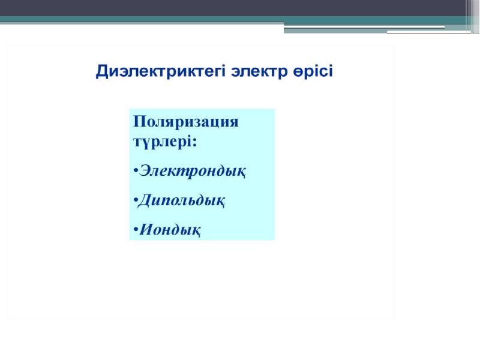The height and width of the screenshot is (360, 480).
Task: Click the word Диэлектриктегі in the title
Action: point(161,71)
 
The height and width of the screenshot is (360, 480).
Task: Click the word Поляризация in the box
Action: point(186,122)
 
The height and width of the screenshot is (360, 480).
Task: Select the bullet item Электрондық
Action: point(192,171)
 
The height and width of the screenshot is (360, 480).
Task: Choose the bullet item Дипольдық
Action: point(181,201)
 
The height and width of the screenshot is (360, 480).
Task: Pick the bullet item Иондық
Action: point(170,230)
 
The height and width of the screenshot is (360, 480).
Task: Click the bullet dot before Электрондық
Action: point(136,170)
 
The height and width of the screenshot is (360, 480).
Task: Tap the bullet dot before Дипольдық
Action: point(136,200)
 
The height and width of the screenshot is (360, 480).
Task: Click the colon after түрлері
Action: point(194,142)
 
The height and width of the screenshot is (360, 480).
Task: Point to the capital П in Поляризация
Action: point(139,121)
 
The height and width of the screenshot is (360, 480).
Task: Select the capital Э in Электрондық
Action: point(146,170)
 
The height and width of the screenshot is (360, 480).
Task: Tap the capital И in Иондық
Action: point(146,229)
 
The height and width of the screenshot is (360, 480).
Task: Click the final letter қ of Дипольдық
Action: point(220,202)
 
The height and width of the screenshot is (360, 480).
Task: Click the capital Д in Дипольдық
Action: point(145,201)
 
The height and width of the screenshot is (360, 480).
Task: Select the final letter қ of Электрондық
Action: point(241,173)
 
